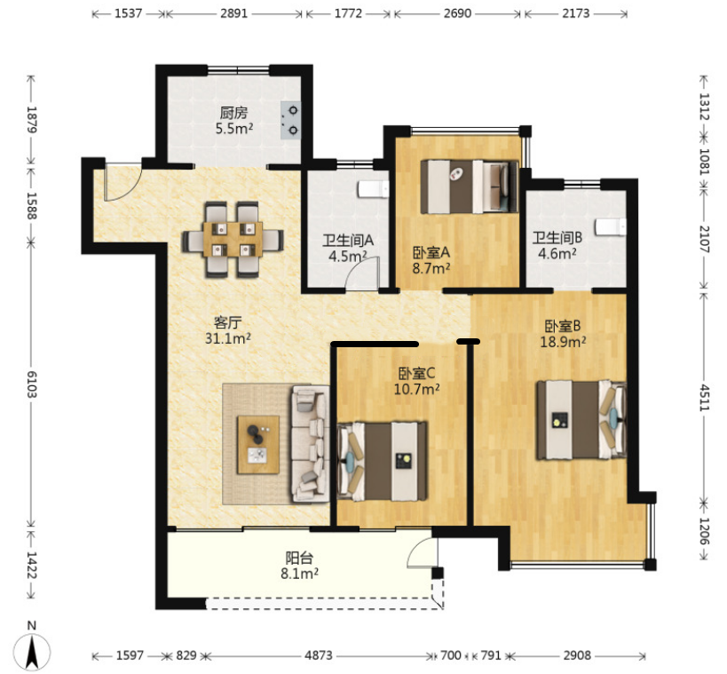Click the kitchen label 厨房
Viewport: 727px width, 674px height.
pos(233,112)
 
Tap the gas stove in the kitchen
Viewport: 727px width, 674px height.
pos(290,121)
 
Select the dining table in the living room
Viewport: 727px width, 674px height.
pos(233,240)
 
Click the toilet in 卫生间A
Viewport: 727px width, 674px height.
pos(373,190)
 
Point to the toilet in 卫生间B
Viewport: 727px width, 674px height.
pos(611,227)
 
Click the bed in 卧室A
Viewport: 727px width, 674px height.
pos(470,186)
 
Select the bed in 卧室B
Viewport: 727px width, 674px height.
pos(582,420)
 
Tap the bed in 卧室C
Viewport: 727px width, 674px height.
pos(383,461)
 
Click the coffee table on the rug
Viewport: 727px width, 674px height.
pos(258,444)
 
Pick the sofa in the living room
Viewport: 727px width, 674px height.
pos(310,444)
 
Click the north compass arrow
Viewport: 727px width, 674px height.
pos(32,652)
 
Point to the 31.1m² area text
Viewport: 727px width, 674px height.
pos(228,338)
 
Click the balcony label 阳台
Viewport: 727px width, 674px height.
pos(299,557)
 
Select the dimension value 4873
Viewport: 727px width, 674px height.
pos(319,655)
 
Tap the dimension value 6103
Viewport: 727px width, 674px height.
pos(31,385)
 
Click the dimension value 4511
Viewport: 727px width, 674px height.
pos(704,397)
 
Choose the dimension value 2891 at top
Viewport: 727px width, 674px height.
pos(233,13)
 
